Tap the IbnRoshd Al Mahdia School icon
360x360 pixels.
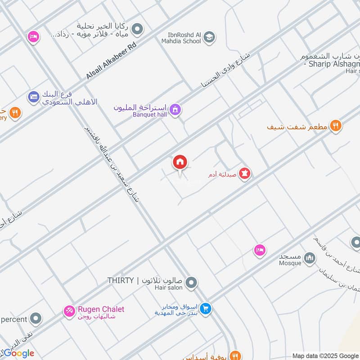209,37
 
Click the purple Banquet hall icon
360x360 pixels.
175,109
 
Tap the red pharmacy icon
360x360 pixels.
244,173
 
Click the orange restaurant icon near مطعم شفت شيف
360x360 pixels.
335,126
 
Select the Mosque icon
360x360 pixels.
309,258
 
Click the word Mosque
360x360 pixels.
289,263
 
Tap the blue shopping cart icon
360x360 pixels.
206,309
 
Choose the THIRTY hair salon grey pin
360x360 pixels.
192,283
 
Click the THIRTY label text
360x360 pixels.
121,281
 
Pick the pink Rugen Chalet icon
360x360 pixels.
69,310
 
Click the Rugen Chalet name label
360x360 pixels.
101,309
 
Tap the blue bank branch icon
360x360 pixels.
33,96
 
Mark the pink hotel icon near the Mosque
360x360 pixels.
259,250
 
